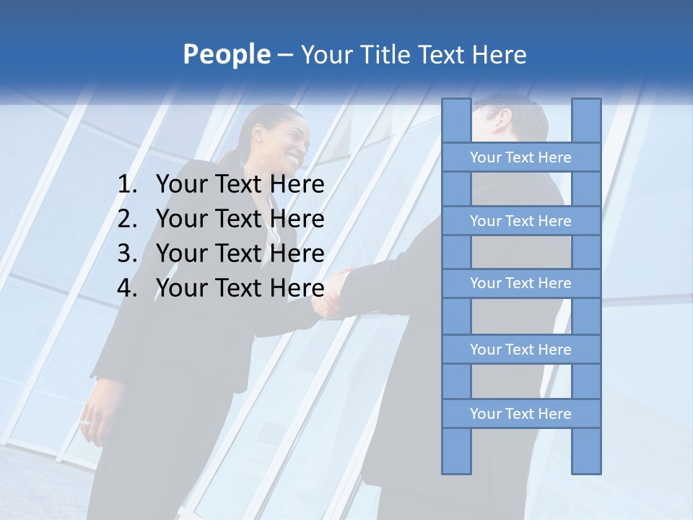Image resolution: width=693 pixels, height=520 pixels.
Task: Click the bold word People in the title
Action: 227,54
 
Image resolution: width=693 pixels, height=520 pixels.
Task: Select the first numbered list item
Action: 240,185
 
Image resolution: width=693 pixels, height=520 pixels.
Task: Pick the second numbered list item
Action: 240,219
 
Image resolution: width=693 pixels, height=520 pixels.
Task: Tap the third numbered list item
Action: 240,253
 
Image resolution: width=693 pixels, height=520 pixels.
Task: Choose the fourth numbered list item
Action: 240,288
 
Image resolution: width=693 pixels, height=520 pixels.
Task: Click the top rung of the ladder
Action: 520,157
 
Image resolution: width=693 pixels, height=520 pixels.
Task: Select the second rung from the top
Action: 520,221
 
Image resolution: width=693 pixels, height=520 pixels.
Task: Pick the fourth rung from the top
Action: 520,350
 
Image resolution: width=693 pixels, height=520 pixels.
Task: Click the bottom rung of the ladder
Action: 520,414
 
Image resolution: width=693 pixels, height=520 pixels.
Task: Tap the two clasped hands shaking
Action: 333,293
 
